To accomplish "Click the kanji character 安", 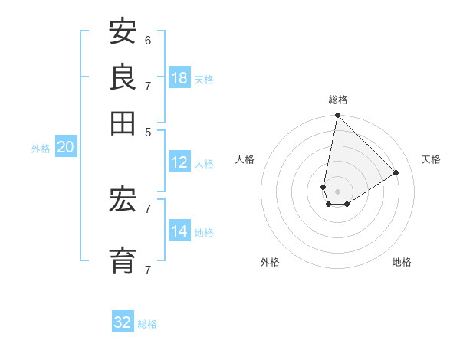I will point(123,31).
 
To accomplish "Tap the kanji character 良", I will point(123,77).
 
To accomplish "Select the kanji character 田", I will point(123,123).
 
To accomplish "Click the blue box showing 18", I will point(179,77).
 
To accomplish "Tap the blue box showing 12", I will point(179,162).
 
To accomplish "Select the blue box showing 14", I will point(179,231).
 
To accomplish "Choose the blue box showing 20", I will point(65,147).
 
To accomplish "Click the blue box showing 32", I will point(123,322).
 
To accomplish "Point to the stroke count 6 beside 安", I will point(148,40).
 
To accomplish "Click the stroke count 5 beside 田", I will point(148,132).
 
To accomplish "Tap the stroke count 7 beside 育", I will point(148,270).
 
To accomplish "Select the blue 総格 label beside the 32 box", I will point(147,324).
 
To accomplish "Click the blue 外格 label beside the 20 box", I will point(41,149).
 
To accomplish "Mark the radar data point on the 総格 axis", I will point(337,116).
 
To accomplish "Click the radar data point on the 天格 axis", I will point(396,173).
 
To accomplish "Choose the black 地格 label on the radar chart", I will point(402,262).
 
